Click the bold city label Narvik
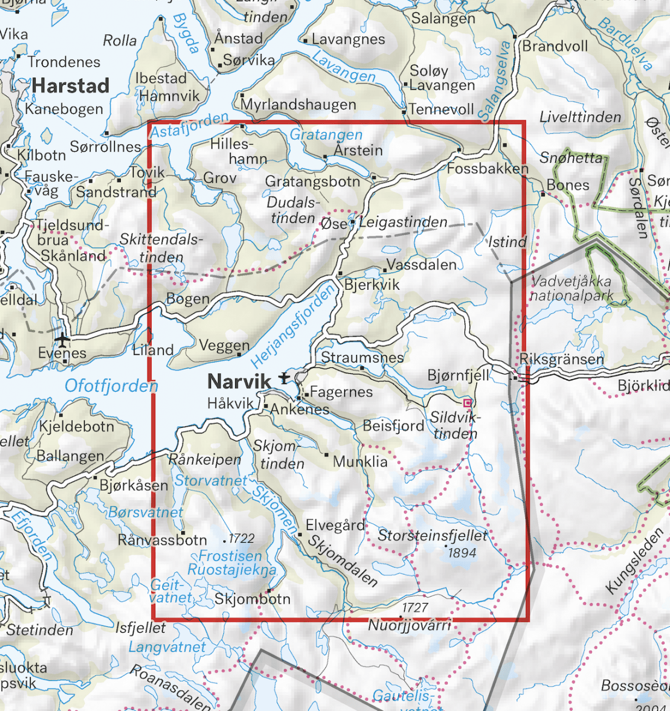239,380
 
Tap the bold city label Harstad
70,86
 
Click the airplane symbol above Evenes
62,339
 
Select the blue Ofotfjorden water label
111,386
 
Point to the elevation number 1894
462,553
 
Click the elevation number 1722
241,539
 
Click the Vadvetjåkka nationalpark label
572,289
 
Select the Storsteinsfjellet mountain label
432,536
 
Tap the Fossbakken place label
487,169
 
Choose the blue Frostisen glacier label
230,556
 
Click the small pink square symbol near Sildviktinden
467,403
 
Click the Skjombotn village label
252,598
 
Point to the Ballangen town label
70,456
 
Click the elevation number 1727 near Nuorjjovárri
415,608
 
